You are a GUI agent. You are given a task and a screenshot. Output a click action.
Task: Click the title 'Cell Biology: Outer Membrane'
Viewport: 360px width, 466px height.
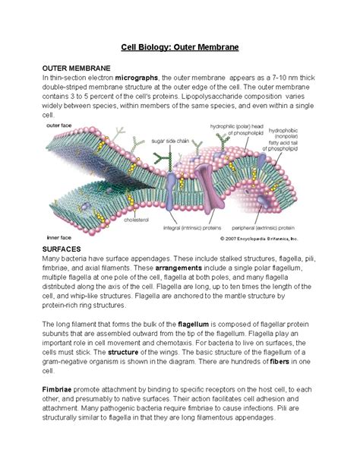[x=180, y=47]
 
